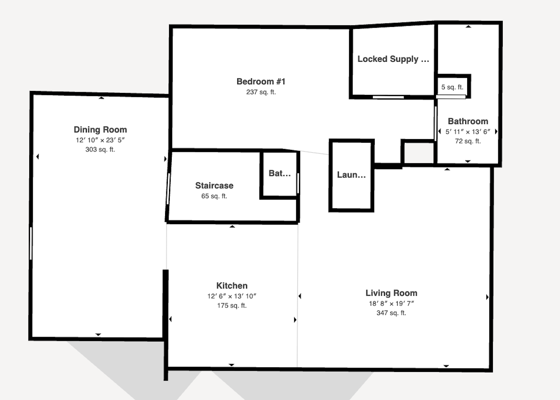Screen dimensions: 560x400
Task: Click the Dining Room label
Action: [x=100, y=130]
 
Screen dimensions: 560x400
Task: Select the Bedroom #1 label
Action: [x=261, y=81]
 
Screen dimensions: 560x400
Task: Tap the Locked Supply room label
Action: [x=393, y=59]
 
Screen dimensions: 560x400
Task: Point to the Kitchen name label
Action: [x=232, y=285]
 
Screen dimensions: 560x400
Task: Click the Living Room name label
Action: [x=391, y=293]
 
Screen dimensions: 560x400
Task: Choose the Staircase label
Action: [x=214, y=185]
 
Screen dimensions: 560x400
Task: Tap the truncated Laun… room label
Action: [x=351, y=175]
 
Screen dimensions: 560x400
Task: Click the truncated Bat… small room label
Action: [x=280, y=173]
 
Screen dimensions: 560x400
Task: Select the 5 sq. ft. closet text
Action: [x=452, y=87]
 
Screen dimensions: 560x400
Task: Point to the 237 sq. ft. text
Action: [x=261, y=92]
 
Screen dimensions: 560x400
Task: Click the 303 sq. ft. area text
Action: [x=100, y=149]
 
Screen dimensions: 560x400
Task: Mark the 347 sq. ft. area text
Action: [x=391, y=313]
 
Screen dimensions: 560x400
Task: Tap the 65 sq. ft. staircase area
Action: [x=214, y=196]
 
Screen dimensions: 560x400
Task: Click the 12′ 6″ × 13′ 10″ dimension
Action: [x=232, y=296]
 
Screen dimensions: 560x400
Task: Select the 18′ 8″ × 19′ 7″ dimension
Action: [x=391, y=304]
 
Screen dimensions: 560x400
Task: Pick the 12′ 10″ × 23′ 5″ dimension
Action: [x=100, y=140]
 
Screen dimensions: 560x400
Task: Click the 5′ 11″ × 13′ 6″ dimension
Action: [x=468, y=132]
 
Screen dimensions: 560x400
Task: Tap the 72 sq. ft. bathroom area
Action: [x=468, y=141]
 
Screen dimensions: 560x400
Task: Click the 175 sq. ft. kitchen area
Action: [x=232, y=306]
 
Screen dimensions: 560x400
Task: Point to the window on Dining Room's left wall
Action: [x=31, y=243]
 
